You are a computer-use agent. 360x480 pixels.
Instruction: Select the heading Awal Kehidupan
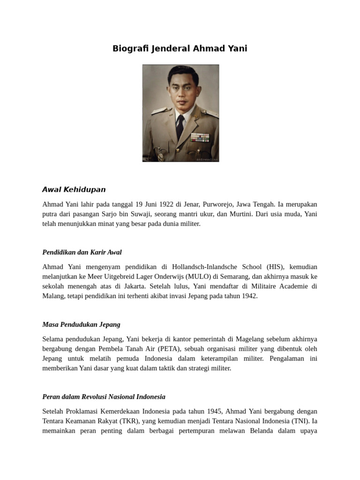(74, 189)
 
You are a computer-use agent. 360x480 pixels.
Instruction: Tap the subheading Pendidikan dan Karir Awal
(82, 252)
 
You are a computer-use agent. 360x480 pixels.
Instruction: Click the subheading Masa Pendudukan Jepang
(81, 324)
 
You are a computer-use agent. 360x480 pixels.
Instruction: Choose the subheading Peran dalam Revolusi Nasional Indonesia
(104, 397)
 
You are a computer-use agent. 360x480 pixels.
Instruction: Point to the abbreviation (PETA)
(171, 349)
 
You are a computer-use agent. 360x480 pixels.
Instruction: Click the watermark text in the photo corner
(207, 159)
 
